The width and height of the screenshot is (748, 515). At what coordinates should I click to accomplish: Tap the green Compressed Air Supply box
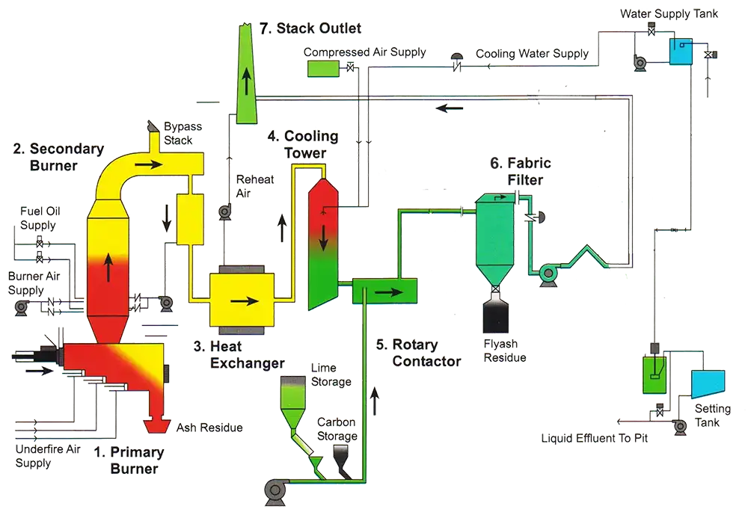click(x=322, y=68)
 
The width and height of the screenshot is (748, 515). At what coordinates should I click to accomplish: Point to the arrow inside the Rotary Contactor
click(x=383, y=291)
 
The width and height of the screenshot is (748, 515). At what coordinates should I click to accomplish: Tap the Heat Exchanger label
click(x=237, y=355)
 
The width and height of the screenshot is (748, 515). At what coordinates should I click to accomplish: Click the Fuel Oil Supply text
click(x=37, y=219)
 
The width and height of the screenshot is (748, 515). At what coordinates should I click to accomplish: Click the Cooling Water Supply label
click(x=532, y=54)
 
